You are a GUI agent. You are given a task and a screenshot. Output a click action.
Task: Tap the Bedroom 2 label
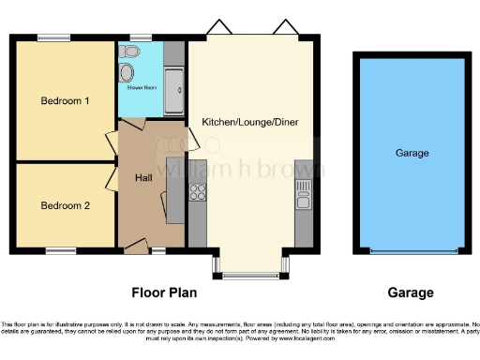point(65,205)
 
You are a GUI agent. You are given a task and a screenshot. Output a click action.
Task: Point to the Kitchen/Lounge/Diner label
point(244,122)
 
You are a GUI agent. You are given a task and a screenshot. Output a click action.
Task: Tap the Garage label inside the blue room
point(412,153)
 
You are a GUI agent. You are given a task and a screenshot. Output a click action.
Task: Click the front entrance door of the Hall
point(136,247)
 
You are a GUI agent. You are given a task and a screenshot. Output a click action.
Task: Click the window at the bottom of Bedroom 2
point(61,250)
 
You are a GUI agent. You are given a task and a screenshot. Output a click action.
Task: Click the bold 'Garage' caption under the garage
point(412,292)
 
